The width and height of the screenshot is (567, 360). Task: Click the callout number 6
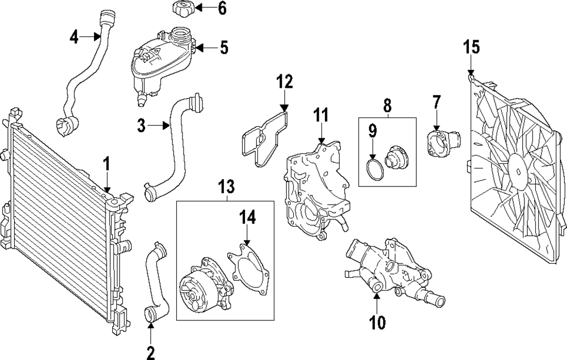[x=222, y=8]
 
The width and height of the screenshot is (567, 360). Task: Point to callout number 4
[x=74, y=36]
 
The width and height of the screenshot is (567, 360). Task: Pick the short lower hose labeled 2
[x=156, y=282]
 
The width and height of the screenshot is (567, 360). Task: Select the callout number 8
[x=387, y=105]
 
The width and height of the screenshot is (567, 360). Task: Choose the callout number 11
[x=321, y=115]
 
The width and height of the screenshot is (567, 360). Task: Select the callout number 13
[x=227, y=187]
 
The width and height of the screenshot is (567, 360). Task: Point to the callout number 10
[x=377, y=323]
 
